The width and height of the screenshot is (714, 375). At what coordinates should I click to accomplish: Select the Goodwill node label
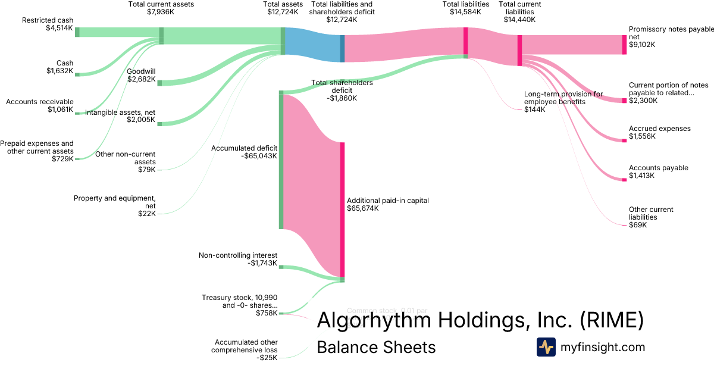click(x=141, y=71)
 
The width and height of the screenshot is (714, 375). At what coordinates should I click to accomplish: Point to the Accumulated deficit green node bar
click(x=281, y=161)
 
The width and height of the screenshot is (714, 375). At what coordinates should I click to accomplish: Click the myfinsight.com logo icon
click(x=546, y=347)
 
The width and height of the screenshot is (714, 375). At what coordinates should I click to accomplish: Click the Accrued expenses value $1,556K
click(x=642, y=136)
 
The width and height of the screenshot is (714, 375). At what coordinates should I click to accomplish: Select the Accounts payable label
click(x=658, y=168)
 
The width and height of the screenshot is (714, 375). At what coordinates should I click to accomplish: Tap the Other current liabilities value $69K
click(x=637, y=225)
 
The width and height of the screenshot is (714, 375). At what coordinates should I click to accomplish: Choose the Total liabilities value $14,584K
click(x=466, y=12)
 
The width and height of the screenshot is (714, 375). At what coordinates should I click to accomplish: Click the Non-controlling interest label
click(x=237, y=255)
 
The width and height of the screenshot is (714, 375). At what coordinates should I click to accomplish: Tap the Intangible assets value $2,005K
click(x=141, y=120)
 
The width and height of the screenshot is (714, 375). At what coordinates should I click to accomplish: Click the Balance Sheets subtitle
click(x=376, y=347)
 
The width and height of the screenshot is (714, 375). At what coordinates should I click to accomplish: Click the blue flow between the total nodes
click(x=312, y=44)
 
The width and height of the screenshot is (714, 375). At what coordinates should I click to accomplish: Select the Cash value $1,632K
click(x=59, y=71)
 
